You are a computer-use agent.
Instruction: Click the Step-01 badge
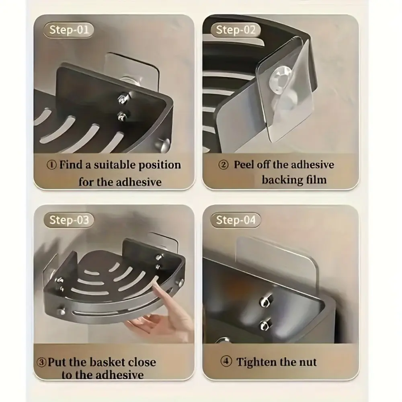coord(68,30)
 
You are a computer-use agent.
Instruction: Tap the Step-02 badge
coord(235,30)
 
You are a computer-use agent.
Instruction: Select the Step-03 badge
coord(68,220)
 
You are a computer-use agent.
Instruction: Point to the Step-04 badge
coord(235,220)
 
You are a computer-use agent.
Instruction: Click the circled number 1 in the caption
coord(51,165)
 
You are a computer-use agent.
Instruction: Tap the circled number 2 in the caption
coord(223,165)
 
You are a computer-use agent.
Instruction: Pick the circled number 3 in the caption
coord(41,363)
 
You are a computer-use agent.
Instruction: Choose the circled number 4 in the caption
coord(226,362)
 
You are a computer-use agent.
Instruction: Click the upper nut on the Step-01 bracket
coord(122,98)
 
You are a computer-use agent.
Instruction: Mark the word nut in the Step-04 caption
coord(307,363)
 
